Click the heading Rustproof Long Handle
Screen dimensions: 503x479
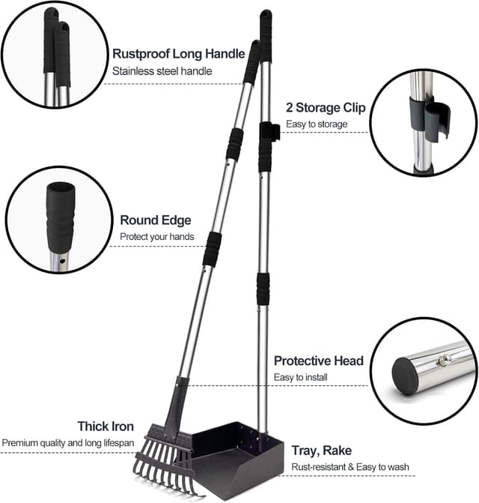(178, 53)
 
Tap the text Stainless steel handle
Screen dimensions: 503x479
(162, 71)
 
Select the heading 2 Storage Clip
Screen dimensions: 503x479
(326, 108)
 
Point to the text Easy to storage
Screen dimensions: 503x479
(317, 124)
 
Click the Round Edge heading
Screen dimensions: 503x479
(156, 220)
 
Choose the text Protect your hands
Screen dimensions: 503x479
(157, 237)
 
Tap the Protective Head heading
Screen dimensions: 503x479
(319, 361)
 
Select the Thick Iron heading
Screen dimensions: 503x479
(106, 427)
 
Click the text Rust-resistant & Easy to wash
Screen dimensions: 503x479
(350, 467)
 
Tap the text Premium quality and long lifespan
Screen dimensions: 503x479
(68, 443)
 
